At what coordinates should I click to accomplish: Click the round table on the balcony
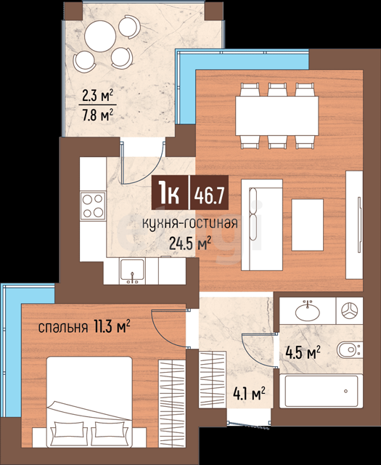coord(100,36)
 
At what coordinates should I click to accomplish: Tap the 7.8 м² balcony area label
coord(98,116)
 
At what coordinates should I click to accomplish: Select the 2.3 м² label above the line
coord(98,96)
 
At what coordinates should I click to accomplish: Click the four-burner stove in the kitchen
coord(93,206)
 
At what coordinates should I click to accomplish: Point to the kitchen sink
coord(132,271)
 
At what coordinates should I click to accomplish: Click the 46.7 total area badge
coord(208,193)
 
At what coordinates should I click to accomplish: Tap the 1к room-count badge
coord(170,193)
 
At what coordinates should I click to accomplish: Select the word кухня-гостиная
coord(190,223)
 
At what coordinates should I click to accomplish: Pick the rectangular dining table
coord(277,116)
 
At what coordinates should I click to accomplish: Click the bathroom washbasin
coord(308,311)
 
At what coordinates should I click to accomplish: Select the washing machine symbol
coord(349,311)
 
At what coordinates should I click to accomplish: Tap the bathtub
coord(321,391)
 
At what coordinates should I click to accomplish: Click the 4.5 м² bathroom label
coord(303,352)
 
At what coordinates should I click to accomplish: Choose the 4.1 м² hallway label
coord(249,394)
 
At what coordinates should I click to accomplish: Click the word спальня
coord(63,328)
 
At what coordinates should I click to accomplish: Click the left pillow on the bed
coord(69,432)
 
